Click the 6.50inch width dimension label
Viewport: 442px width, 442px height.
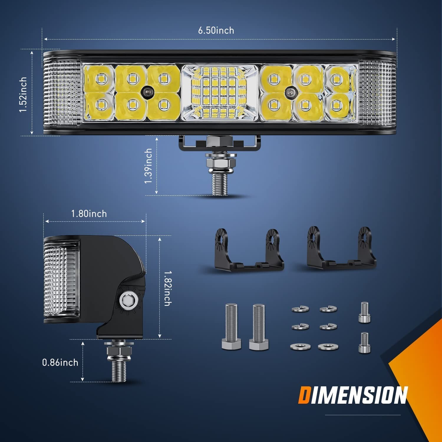click(x=216, y=30)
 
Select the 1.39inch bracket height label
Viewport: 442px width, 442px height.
click(x=149, y=166)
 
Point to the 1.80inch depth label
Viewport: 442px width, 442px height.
click(x=89, y=214)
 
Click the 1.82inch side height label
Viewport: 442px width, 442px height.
click(x=167, y=288)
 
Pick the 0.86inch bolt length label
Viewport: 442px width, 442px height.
click(x=60, y=362)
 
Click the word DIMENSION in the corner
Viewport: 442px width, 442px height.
click(x=353, y=395)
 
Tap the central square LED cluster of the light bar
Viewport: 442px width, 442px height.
click(x=219, y=93)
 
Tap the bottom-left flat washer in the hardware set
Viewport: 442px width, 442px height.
click(x=300, y=347)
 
